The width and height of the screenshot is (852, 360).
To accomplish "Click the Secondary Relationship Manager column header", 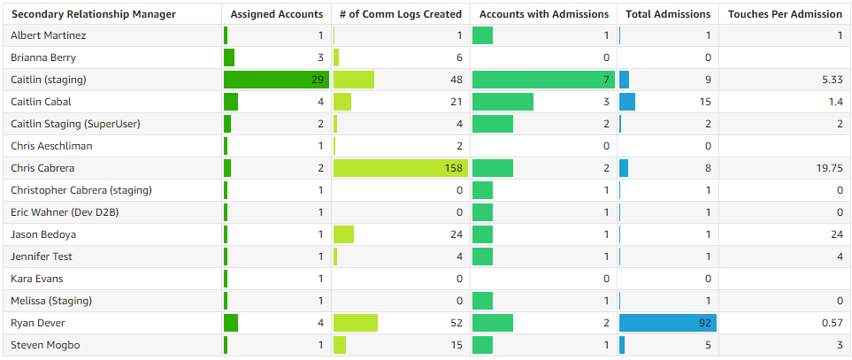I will point(93,14).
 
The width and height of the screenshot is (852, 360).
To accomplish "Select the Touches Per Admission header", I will point(785,14).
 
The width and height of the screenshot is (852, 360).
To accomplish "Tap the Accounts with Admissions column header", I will point(543,14).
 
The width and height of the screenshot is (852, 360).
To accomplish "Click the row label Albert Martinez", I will point(48,35).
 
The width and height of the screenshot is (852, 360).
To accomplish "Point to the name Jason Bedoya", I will point(42,234).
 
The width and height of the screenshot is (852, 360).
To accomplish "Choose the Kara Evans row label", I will point(37,279).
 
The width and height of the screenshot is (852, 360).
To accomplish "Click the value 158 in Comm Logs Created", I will point(451,168).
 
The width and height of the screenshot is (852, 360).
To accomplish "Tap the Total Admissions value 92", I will point(704,323).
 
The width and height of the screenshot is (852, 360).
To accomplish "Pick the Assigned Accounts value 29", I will point(317,80).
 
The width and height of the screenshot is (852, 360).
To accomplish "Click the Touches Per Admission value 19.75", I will point(828,168).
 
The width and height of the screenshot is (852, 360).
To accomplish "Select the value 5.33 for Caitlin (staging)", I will point(830,80).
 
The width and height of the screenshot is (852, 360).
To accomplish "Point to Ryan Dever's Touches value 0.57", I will point(830,323).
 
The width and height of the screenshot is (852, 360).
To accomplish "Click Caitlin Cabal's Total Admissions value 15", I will point(705,102).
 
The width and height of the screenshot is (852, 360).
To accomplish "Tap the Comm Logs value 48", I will point(456,80).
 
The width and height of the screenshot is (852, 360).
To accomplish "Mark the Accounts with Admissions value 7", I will point(606,80).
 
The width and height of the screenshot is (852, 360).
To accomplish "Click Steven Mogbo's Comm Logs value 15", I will point(456,345).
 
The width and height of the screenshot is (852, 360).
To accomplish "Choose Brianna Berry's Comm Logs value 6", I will point(458,57).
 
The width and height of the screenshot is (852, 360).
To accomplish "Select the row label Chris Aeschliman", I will point(51,146).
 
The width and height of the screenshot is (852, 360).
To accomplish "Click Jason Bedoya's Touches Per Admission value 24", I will point(835,234).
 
